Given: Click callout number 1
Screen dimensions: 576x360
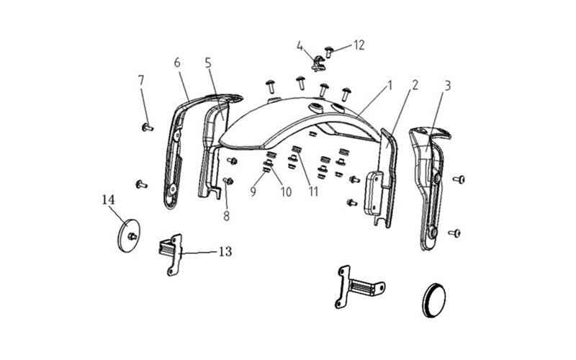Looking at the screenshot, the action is (390, 86).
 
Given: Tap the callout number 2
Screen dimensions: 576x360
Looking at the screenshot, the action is (415, 85).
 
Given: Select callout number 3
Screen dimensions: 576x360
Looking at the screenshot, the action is (447, 86).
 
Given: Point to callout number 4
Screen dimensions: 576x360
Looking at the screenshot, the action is (300, 46).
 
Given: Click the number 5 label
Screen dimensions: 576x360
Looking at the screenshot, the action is (208, 63).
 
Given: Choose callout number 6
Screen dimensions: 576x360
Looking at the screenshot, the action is (177, 63).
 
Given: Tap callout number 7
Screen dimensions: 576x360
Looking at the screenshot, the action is (141, 81).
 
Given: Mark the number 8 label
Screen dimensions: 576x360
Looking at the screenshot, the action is (226, 216).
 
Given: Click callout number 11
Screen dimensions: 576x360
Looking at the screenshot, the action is (313, 192).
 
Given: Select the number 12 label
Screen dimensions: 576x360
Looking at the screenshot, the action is (359, 45).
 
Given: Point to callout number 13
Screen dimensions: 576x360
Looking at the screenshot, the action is (225, 251).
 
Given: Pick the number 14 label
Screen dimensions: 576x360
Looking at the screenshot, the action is (109, 200).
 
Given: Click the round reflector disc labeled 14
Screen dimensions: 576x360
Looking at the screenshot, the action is (129, 235).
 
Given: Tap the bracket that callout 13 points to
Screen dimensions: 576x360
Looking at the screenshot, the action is (173, 254).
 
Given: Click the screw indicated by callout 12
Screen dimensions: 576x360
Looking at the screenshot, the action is (329, 51).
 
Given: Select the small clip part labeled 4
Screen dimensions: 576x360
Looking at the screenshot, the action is (318, 63).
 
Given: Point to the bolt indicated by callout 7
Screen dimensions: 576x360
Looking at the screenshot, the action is (148, 128).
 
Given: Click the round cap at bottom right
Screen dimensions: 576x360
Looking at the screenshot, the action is (434, 300).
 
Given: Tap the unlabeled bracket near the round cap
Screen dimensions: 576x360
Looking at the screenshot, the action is (358, 287).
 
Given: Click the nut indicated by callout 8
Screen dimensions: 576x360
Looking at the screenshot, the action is (228, 181).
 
